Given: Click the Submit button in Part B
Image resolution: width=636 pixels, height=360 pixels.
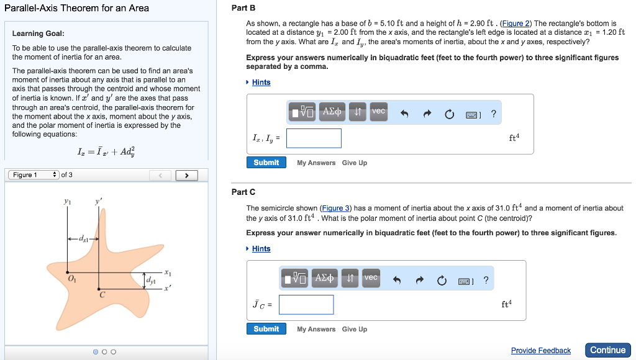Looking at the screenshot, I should click(266, 163).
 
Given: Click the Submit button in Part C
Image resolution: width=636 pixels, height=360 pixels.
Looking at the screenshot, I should click(266, 329).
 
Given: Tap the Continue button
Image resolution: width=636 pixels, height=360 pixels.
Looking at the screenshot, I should click(607, 350).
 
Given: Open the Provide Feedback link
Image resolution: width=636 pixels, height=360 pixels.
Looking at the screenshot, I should click(540, 351).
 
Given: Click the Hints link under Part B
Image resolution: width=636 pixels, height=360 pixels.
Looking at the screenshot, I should click(261, 83).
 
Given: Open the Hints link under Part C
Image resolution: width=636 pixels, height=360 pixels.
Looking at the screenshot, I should click(261, 249).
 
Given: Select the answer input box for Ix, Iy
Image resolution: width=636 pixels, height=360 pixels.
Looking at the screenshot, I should click(314, 138).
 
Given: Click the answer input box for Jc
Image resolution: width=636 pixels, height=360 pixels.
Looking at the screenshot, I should click(306, 305).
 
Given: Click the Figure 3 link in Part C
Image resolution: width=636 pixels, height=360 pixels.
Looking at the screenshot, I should click(335, 209).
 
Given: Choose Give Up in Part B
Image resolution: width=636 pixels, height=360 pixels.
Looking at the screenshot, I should click(354, 163).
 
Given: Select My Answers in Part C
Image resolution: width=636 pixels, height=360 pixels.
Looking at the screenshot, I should click(316, 329).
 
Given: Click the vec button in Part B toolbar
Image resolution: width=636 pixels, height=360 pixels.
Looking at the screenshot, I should click(378, 112).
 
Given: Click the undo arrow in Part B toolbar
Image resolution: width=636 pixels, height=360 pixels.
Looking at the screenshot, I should click(404, 114).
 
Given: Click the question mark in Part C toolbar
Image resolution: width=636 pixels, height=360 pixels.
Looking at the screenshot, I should click(486, 280).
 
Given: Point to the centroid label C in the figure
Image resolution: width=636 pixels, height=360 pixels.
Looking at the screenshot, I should click(102, 295).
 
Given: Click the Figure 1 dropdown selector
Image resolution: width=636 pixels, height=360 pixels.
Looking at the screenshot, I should click(34, 175).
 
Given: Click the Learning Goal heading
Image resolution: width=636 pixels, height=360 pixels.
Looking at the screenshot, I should click(38, 34).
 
